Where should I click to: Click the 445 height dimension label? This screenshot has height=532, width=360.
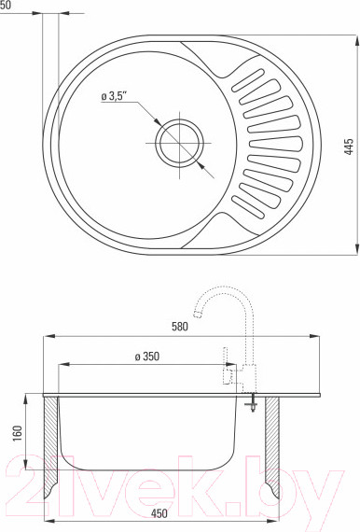point(349,147)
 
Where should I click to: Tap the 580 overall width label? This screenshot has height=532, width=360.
point(179,327)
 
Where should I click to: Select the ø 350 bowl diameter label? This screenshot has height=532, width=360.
point(146,357)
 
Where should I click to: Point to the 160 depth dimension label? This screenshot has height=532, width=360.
point(18,433)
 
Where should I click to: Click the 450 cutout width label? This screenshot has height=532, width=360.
point(159,513)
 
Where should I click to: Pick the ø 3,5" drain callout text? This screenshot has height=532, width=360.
point(114,96)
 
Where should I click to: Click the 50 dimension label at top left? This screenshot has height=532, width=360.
point(6,5)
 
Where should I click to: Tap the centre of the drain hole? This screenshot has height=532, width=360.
point(179,143)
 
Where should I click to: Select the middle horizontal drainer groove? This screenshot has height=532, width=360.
point(275,144)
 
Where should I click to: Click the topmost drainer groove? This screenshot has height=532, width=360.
point(248,80)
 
